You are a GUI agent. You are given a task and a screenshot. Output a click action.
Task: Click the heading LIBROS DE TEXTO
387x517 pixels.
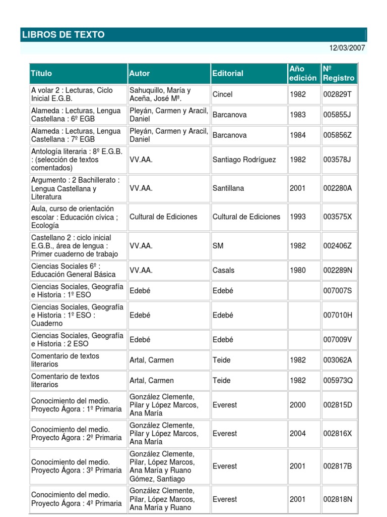coord(63,35)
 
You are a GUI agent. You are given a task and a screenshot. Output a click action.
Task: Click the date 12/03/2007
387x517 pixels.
coord(347,48)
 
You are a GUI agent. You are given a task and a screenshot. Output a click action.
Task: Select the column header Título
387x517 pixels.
coord(41,73)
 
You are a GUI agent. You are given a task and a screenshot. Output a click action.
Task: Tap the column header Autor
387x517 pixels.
coord(140,73)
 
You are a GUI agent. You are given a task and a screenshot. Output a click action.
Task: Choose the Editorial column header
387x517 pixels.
coord(228,73)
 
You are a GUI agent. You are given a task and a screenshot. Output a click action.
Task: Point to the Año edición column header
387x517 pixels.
coord(303,73)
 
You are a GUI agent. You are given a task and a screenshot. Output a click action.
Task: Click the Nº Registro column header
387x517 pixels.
coord(339,73)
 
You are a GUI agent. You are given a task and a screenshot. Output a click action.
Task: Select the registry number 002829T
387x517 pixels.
coord(338,94)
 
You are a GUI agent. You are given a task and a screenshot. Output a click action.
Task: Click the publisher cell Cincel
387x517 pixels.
coord(223,94)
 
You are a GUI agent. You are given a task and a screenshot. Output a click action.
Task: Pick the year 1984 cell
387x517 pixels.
coord(298,135)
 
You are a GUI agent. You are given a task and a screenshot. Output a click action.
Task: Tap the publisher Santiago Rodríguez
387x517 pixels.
coord(244,160)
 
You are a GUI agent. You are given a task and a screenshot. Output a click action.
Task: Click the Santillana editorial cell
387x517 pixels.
coord(228,188)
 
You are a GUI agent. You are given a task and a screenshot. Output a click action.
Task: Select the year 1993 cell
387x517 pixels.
coord(298,217)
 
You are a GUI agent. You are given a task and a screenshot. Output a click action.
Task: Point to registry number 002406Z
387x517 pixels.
coord(338,246)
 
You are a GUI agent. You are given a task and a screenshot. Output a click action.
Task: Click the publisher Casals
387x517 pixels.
coord(223,270)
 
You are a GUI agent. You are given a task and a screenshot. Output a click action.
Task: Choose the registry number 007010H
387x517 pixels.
coord(338,315)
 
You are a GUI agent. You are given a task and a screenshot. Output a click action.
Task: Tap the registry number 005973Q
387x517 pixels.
coord(338,380)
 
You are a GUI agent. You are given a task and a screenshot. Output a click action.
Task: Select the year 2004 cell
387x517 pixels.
coord(298,433)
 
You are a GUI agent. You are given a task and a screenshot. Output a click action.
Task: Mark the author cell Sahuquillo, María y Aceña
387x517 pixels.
coord(160,94)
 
